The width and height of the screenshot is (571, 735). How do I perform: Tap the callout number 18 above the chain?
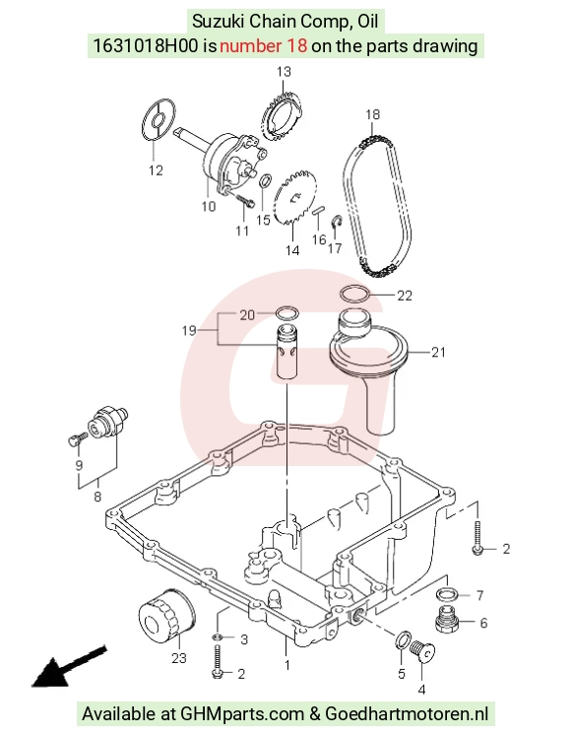tap(372, 114)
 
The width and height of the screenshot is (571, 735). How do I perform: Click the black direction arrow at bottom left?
tap(68, 667)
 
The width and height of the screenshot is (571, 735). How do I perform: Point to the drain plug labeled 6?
tap(446, 619)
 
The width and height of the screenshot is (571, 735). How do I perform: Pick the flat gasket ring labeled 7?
tap(447, 595)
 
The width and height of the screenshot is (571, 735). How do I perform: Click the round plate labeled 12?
tap(159, 119)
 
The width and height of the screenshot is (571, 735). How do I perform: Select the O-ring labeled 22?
tap(354, 294)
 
